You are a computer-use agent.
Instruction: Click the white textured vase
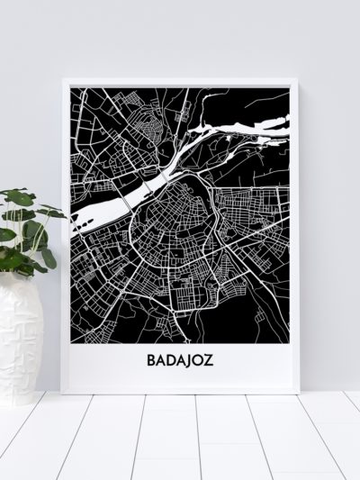[20, 332]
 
